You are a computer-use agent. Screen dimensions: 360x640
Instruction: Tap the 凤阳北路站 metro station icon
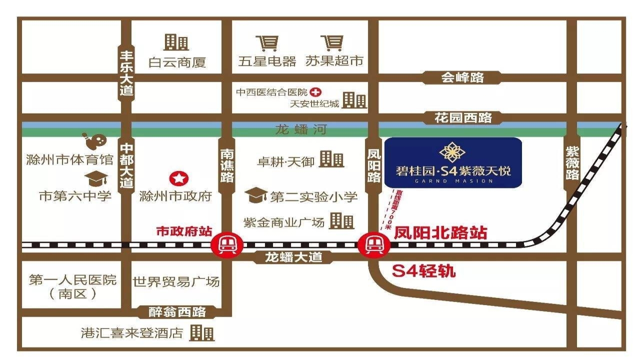point(372,245)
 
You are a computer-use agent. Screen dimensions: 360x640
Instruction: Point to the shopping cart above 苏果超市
point(332,43)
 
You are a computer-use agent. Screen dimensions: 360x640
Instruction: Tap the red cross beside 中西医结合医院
point(315,92)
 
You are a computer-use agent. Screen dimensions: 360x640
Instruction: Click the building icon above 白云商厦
point(176,42)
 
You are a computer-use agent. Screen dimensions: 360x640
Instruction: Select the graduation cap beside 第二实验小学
point(256,195)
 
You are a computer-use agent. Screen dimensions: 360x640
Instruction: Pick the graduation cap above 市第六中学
point(93,178)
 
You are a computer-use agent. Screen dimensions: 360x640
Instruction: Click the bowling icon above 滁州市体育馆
point(94,141)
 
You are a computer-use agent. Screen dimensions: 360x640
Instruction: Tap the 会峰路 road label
point(463,77)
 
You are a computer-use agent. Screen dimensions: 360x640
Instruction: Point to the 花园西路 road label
point(463,118)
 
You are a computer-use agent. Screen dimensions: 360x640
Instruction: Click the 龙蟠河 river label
point(301,130)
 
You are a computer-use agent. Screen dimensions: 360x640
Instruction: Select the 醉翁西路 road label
point(177,312)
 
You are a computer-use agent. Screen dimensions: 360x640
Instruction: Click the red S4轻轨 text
point(424,271)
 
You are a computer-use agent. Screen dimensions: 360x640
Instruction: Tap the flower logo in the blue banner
point(452,151)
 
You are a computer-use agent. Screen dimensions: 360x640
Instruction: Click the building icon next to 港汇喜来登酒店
point(202,332)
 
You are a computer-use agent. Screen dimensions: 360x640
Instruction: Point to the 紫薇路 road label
point(572,162)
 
